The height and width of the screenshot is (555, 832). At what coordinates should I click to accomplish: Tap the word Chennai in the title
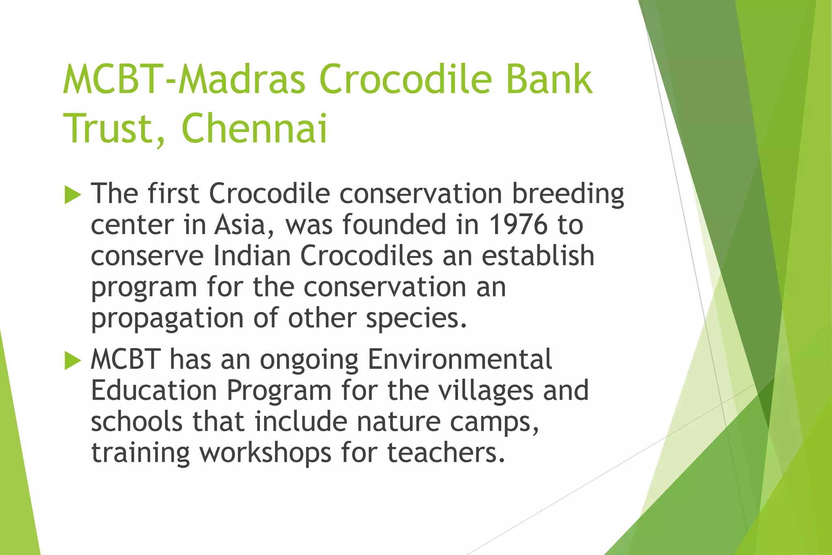coord(254,129)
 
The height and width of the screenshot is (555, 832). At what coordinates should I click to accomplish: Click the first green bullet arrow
coord(73,195)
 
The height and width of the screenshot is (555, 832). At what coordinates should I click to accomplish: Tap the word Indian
coord(252,256)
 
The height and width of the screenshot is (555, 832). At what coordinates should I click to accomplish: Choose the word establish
coord(538,256)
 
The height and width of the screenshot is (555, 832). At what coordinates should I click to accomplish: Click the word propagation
coord(167,319)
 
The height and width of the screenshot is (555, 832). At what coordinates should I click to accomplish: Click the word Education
coord(154,391)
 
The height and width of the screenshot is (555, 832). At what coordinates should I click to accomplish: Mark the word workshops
coord(265,453)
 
